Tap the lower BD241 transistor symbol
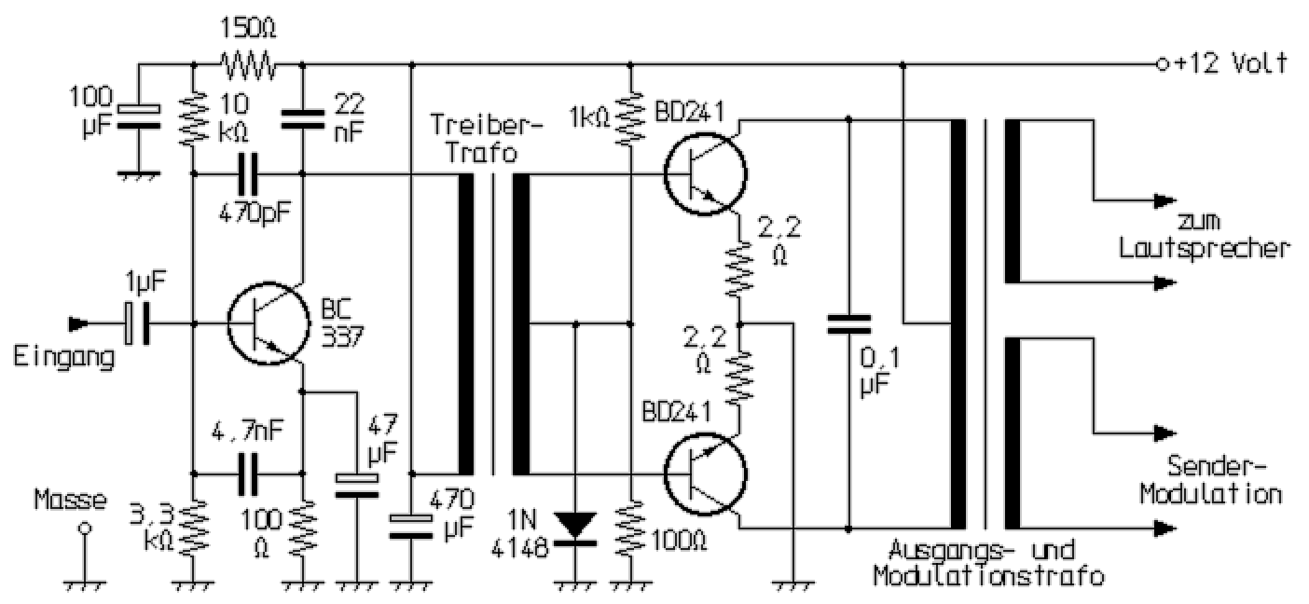(x=706, y=475)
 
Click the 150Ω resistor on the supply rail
(x=248, y=65)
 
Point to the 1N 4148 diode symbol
(x=576, y=527)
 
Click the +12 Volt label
(x=1230, y=63)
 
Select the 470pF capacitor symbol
(x=248, y=174)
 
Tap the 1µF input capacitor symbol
(x=136, y=324)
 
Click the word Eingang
(x=63, y=357)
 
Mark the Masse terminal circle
(x=85, y=528)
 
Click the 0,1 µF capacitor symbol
(x=849, y=324)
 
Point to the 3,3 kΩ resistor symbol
(x=193, y=527)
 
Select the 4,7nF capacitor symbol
(x=248, y=474)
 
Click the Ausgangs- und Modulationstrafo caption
(x=988, y=562)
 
